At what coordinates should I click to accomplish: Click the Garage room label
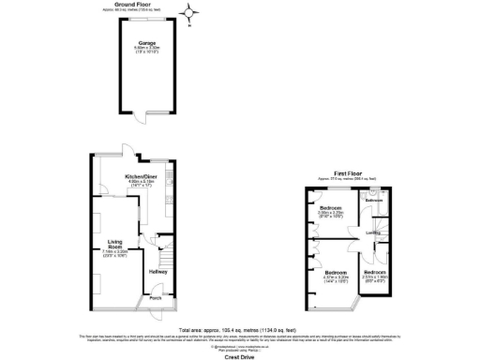pyautogui.click(x=147, y=42)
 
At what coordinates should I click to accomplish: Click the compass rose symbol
pyautogui.click(x=192, y=14)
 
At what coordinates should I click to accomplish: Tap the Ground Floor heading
pyautogui.click(x=133, y=4)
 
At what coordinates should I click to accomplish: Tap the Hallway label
pyautogui.click(x=157, y=273)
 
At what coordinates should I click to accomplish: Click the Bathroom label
pyautogui.click(x=374, y=201)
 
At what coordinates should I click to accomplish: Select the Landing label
pyautogui.click(x=372, y=232)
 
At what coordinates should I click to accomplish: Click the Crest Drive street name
pyautogui.click(x=240, y=354)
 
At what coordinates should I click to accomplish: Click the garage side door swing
pyautogui.click(x=137, y=117)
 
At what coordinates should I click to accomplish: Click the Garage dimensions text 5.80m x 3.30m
pyautogui.click(x=146, y=50)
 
